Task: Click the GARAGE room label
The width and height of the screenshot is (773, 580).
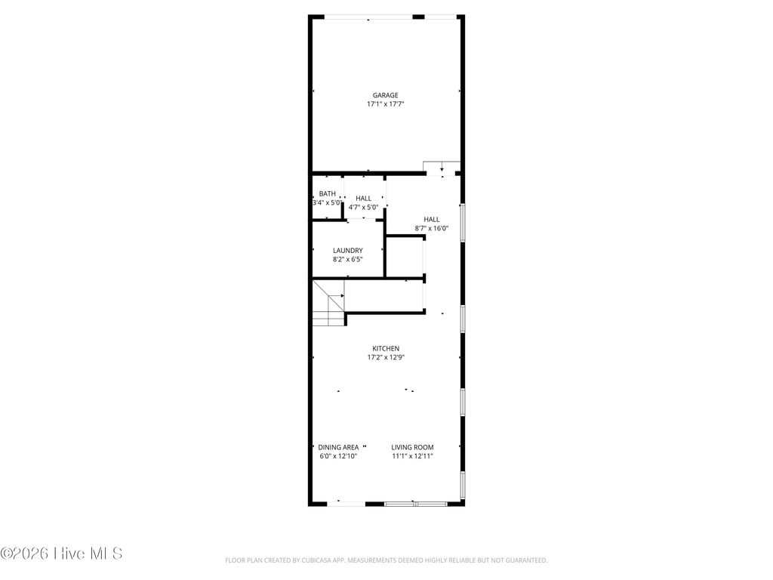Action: tap(385, 95)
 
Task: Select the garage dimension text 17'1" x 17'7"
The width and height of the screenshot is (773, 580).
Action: tap(385, 104)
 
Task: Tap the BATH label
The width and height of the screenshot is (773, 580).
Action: tap(327, 193)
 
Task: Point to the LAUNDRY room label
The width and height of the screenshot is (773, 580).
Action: tap(348, 251)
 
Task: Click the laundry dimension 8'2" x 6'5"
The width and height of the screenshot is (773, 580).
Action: tap(348, 260)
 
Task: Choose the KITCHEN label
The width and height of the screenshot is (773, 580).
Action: tap(386, 348)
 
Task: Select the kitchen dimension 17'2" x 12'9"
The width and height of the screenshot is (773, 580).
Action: tap(386, 357)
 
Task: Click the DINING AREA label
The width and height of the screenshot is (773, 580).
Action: tap(338, 447)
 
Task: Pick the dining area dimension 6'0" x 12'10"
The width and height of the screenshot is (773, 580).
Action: tap(338, 456)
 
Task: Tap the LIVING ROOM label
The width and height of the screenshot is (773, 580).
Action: tap(412, 447)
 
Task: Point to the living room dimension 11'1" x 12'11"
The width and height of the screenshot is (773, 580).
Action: tap(412, 456)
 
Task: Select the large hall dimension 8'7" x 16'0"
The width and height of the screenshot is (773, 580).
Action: tap(431, 228)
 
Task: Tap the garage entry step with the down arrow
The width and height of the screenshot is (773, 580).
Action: tap(442, 168)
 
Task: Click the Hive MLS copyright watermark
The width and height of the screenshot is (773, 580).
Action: tap(61, 554)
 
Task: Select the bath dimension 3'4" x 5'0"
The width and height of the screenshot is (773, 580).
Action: tap(327, 202)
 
